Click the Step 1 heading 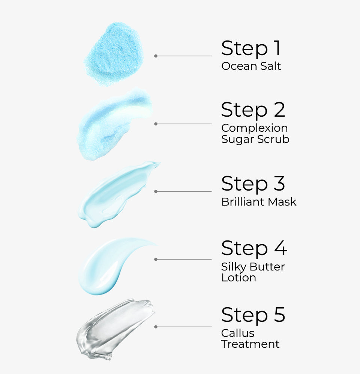pos(250,48)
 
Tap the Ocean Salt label pos(251,66)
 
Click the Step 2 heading pos(253,110)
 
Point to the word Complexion pos(254,128)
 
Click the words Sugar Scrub pos(255,139)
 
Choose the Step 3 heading pos(253,184)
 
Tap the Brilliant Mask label pos(259,202)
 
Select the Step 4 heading pos(254,248)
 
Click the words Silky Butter pos(253,267)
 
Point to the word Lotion pos(238,278)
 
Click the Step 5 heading pos(253,315)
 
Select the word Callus pos(238,333)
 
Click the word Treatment pos(250,344)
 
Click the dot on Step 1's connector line pos(156,56)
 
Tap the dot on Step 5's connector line pos(156,327)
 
